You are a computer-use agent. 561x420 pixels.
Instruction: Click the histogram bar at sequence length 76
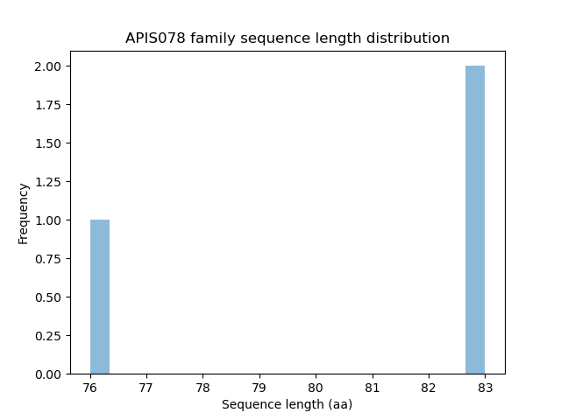click(100, 297)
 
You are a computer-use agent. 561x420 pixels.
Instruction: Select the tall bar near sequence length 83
click(475, 220)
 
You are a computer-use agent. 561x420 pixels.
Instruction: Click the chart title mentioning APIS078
click(287, 38)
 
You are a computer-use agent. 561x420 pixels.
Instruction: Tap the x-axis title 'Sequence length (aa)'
click(287, 404)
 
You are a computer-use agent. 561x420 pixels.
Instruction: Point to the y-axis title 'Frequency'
click(24, 213)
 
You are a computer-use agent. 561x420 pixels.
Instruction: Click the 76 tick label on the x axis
click(90, 387)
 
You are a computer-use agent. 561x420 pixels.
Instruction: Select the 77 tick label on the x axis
click(146, 387)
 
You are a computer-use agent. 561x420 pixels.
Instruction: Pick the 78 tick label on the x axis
click(202, 387)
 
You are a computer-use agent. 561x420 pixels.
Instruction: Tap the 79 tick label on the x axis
click(259, 387)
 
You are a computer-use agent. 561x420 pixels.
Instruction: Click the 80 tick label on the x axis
click(316, 387)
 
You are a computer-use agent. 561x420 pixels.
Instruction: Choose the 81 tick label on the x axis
click(372, 387)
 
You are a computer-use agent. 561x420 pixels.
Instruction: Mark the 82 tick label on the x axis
click(428, 387)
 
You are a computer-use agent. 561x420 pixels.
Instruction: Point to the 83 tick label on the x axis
click(485, 387)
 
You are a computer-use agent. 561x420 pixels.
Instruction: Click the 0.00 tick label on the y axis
click(49, 374)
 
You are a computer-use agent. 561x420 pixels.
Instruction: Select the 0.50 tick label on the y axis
click(49, 297)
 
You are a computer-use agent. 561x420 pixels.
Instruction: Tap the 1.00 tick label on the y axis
click(49, 220)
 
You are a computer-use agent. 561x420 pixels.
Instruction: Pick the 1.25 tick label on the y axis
click(49, 182)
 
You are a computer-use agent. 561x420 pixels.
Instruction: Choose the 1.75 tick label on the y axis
click(49, 105)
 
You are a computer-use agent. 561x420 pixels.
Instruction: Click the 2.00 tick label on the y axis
click(49, 66)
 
